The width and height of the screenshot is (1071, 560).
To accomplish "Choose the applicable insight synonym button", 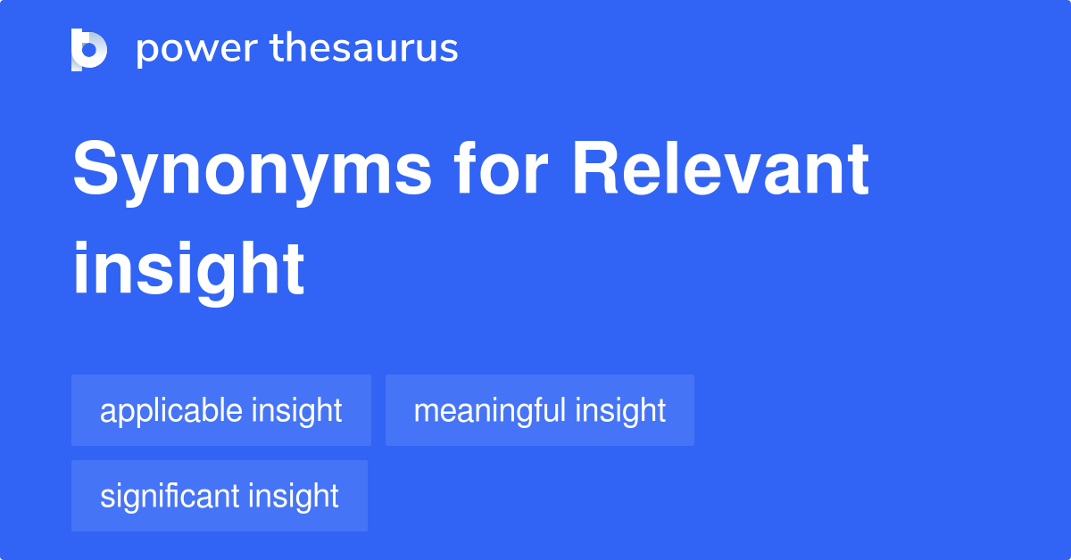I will click(220, 410).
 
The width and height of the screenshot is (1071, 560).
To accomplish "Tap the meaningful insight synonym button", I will click(539, 410).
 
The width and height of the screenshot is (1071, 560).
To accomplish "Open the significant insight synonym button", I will click(219, 496).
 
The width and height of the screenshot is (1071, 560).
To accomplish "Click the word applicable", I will click(171, 411).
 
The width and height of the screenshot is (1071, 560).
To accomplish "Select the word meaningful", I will click(489, 411).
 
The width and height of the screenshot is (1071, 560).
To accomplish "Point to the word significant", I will click(170, 496).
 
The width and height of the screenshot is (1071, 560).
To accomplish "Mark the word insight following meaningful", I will click(620, 411).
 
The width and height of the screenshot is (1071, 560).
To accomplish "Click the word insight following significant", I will click(294, 496).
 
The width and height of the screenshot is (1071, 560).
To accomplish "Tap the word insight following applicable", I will click(296, 411).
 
